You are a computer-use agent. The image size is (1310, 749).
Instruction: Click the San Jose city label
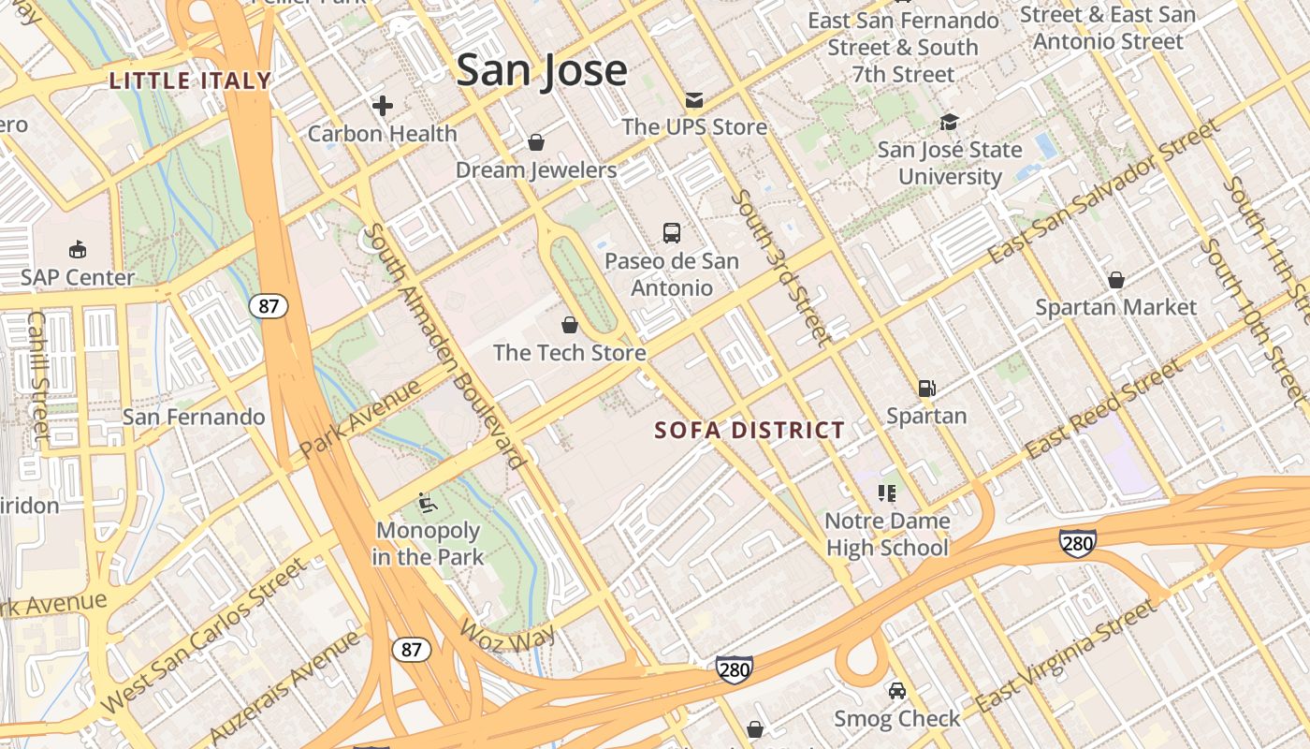[541, 71]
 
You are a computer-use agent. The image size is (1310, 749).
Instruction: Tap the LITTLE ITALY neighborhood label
[190, 81]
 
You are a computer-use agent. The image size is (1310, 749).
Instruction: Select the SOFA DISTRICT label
[750, 431]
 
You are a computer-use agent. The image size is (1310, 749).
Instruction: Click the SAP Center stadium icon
[78, 250]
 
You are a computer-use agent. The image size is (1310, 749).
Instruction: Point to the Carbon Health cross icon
[382, 106]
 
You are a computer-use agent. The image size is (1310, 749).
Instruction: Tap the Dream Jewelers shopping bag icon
[536, 142]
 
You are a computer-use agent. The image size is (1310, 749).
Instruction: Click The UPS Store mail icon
[693, 99]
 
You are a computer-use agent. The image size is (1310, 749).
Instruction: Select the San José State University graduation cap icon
[950, 123]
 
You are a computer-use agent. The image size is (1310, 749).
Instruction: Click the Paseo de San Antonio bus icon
[671, 233]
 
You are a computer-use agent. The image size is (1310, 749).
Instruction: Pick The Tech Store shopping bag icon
[569, 325]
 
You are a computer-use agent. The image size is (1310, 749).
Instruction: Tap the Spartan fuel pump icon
[926, 388]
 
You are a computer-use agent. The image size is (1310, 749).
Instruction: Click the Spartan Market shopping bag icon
[1115, 280]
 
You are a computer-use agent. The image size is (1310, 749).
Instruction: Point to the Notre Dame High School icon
[887, 492]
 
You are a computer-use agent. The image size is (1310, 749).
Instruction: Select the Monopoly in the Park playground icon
[427, 503]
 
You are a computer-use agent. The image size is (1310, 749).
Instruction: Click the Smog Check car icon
[896, 691]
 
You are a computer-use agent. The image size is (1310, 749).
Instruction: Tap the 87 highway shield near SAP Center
[269, 306]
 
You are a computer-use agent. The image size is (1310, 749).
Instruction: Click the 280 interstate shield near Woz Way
[735, 668]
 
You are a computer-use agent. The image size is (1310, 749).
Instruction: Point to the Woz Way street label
[508, 634]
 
